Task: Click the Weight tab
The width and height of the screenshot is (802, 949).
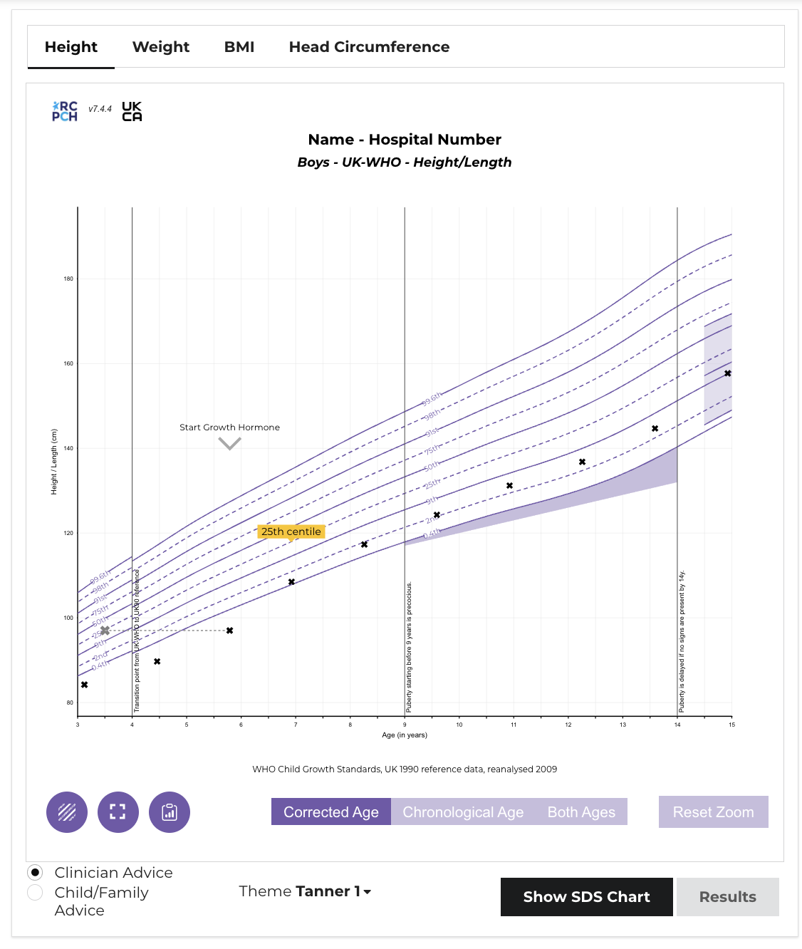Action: pyautogui.click(x=161, y=47)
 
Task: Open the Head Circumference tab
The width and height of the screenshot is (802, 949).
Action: pyautogui.click(x=369, y=47)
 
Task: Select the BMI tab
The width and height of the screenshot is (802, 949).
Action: pyautogui.click(x=239, y=47)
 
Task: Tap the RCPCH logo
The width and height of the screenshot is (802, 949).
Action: pyautogui.click(x=65, y=111)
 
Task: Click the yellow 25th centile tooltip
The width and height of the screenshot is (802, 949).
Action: pyautogui.click(x=291, y=531)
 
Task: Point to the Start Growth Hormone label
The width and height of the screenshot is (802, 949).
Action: pyautogui.click(x=229, y=427)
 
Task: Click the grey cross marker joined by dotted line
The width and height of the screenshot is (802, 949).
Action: pyautogui.click(x=105, y=631)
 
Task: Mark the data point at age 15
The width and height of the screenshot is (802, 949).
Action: pyautogui.click(x=727, y=373)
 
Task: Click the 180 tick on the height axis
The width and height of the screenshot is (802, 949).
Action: pyautogui.click(x=68, y=279)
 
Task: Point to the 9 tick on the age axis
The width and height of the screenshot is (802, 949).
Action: pyautogui.click(x=405, y=725)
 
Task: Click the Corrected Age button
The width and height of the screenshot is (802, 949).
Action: pyautogui.click(x=331, y=812)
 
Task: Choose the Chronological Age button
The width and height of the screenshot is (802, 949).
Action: pyautogui.click(x=463, y=812)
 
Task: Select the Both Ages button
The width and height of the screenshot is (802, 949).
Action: pyautogui.click(x=581, y=812)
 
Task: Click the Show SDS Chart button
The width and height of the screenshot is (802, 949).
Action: pyautogui.click(x=586, y=897)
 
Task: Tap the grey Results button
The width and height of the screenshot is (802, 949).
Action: pyautogui.click(x=727, y=897)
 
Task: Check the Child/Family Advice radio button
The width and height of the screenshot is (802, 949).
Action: pyautogui.click(x=35, y=893)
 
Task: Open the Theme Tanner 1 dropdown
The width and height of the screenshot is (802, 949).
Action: pyautogui.click(x=305, y=891)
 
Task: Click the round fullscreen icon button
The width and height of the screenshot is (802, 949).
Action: pyautogui.click(x=118, y=812)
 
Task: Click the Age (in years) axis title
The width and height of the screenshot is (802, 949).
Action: pyautogui.click(x=405, y=735)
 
